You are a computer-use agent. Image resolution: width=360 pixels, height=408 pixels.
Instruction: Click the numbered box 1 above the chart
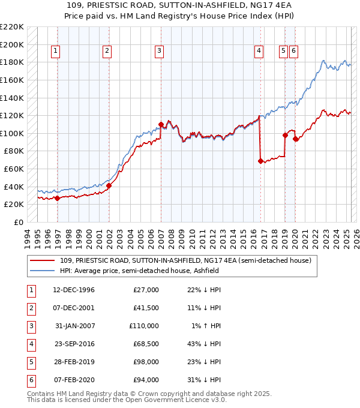pos(55,52)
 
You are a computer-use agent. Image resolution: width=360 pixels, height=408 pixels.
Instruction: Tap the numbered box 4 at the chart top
pos(259,52)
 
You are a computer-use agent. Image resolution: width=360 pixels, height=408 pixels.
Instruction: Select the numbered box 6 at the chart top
pos(293,52)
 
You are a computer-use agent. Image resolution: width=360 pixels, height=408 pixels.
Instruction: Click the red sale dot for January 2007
pos(161,124)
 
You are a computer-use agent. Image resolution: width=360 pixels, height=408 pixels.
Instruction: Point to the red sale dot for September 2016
pos(260,161)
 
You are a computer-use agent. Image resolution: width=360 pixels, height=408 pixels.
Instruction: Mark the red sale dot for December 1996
pos(57,198)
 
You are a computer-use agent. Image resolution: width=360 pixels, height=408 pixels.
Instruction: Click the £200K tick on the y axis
pos(12,44)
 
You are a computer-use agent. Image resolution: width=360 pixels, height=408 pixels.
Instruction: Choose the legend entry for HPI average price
pos(139,271)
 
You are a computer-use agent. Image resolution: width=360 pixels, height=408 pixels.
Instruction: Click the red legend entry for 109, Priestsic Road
pos(185,261)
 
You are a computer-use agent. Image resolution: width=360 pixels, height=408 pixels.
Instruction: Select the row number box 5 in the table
pos(30,362)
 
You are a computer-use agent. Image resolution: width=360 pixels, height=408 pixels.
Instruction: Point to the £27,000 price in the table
pos(146,290)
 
